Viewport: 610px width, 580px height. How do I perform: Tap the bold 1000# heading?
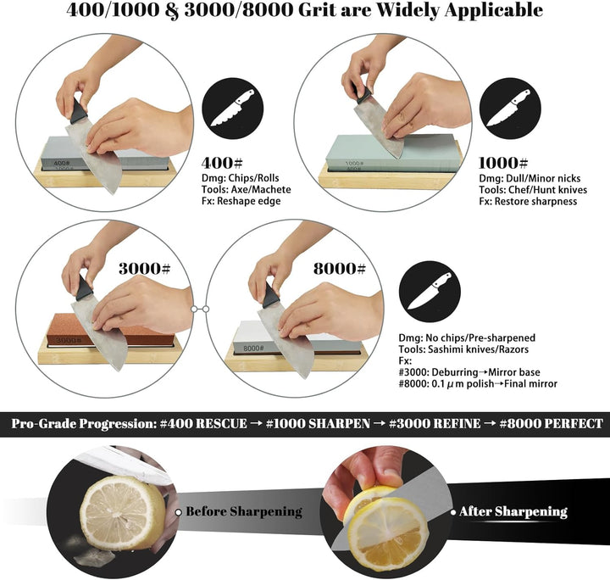(503, 163)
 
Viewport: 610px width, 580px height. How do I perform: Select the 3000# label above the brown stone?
(144, 269)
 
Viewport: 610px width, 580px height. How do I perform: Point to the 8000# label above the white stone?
(340, 269)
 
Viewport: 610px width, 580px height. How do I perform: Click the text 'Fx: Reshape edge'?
(241, 201)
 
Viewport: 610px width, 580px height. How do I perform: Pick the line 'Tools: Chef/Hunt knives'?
(533, 190)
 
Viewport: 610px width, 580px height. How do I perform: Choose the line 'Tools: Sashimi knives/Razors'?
(463, 349)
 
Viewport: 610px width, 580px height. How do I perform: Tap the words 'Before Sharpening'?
(244, 511)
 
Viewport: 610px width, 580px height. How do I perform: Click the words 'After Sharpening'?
(513, 511)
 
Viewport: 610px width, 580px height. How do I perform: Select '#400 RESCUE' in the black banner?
(203, 423)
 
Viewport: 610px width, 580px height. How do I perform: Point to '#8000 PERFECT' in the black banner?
(552, 423)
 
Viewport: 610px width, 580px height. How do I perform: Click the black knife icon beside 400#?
(233, 109)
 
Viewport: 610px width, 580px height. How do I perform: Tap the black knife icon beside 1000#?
(510, 109)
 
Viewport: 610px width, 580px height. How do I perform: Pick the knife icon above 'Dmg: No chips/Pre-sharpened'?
(430, 292)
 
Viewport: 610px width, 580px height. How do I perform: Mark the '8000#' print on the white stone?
(253, 349)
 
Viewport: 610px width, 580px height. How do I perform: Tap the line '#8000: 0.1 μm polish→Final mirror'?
(478, 384)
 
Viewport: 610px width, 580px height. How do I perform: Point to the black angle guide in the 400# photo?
(79, 112)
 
